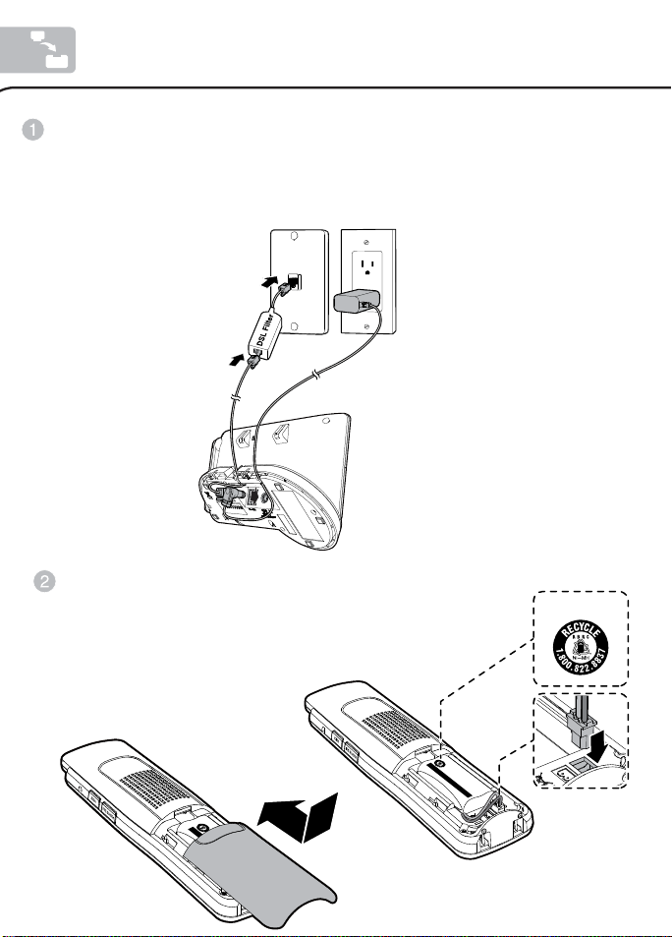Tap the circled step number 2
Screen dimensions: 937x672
pos(43,581)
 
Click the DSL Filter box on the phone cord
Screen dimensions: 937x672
pos(265,333)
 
